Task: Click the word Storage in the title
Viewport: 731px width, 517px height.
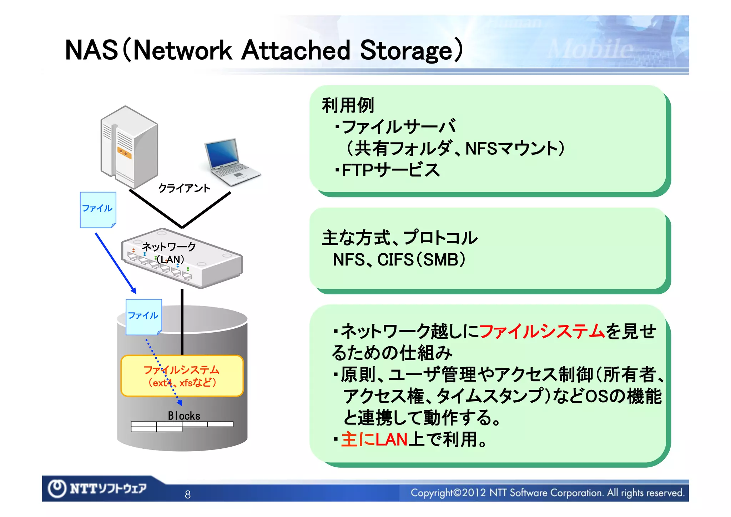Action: (x=407, y=50)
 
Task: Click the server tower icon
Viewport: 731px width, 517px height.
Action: (x=129, y=147)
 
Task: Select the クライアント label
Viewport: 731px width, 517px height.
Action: (x=184, y=188)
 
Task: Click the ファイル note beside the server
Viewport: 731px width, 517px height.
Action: (x=97, y=210)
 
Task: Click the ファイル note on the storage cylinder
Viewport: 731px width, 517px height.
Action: (x=143, y=317)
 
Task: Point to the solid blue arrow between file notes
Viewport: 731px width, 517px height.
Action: (x=115, y=263)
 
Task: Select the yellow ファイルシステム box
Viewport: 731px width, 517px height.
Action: (x=182, y=376)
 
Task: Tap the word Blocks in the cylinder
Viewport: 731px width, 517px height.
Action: (x=184, y=416)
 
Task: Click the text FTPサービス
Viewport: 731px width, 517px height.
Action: (x=390, y=170)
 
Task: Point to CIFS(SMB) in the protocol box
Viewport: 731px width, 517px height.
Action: (x=421, y=260)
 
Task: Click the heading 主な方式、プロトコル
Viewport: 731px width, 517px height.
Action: (x=399, y=238)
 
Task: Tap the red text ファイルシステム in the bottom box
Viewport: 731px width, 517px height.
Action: (x=541, y=331)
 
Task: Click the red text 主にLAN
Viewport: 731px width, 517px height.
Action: (x=374, y=439)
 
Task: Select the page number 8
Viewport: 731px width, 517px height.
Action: (x=187, y=494)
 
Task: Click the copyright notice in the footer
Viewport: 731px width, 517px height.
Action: (x=547, y=493)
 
